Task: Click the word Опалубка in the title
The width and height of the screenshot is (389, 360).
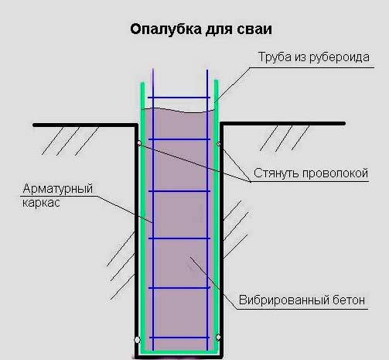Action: (x=165, y=29)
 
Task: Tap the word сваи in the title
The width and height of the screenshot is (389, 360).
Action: (x=254, y=29)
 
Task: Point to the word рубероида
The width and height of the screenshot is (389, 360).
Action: (x=340, y=57)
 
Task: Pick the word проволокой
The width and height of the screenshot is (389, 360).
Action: (x=335, y=173)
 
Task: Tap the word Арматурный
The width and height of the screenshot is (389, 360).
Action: (x=58, y=189)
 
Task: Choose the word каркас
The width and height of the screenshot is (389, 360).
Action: (x=41, y=203)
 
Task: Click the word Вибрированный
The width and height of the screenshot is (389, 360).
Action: (x=284, y=300)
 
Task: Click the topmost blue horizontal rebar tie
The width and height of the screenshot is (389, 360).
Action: (x=179, y=98)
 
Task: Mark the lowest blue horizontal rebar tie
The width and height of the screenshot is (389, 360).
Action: (x=179, y=338)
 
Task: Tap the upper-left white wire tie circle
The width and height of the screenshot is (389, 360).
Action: (x=139, y=143)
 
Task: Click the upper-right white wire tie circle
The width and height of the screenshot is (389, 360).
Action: (x=219, y=144)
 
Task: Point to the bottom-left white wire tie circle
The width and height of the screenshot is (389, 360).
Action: (x=138, y=340)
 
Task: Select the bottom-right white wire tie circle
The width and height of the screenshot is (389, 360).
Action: (x=218, y=337)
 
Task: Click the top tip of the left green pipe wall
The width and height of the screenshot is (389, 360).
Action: (x=142, y=83)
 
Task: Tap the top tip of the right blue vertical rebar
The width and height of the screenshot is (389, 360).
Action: (x=207, y=70)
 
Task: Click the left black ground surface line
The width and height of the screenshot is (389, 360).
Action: (x=85, y=125)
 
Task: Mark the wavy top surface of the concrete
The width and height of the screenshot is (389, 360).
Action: (x=179, y=111)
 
